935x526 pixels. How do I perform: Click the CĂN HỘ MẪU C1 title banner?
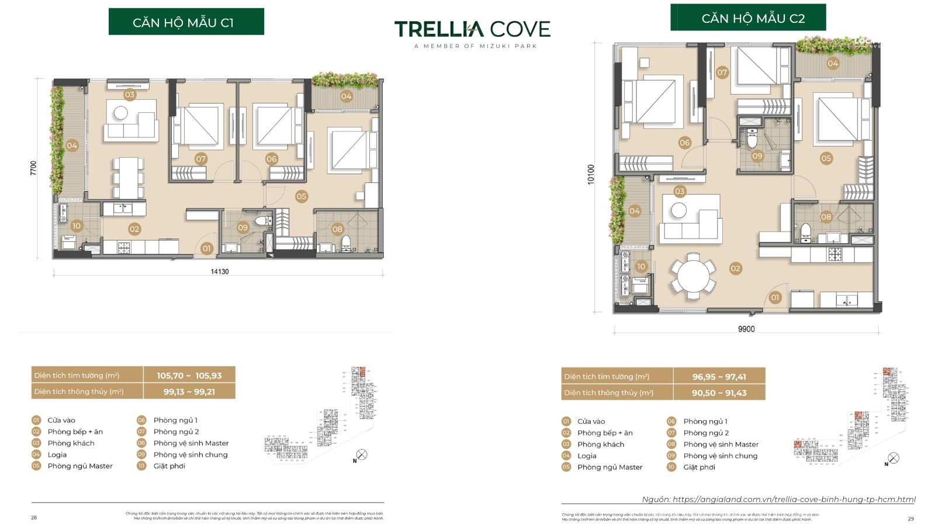click(186, 22)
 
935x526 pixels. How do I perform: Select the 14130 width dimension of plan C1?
click(219, 272)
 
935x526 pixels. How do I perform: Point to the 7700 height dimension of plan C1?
click(33, 168)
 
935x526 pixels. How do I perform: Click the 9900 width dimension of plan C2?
click(746, 329)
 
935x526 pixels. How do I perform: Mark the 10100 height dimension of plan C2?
click(590, 174)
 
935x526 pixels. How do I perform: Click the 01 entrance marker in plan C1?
click(206, 248)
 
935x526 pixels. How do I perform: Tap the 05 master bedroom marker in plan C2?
click(826, 158)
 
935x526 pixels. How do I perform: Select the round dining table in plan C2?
click(693, 276)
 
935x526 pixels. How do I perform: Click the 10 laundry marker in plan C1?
click(76, 226)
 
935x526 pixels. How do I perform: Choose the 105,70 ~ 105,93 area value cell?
click(189, 376)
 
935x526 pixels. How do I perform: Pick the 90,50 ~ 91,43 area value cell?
click(719, 393)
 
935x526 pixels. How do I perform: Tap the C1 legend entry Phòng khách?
click(71, 443)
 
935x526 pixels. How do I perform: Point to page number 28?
click(33, 517)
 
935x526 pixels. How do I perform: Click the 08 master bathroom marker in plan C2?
click(826, 217)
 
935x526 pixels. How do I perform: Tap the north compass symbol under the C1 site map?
click(362, 455)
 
